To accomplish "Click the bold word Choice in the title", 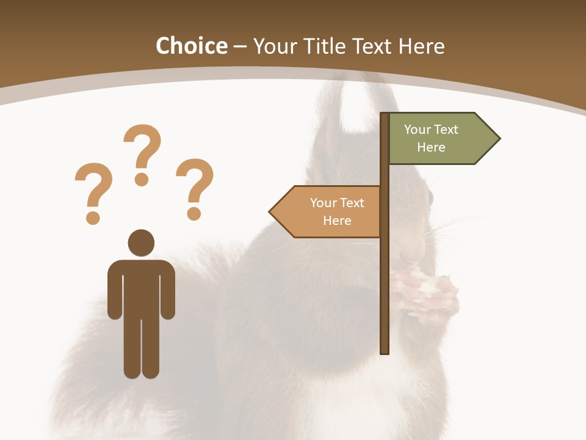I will point(191,46).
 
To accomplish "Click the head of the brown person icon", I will point(141,243).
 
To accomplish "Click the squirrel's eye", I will point(430,198).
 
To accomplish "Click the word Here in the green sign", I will point(431,147).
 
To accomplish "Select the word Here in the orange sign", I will point(337,221).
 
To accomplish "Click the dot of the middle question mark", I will point(142,179).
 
